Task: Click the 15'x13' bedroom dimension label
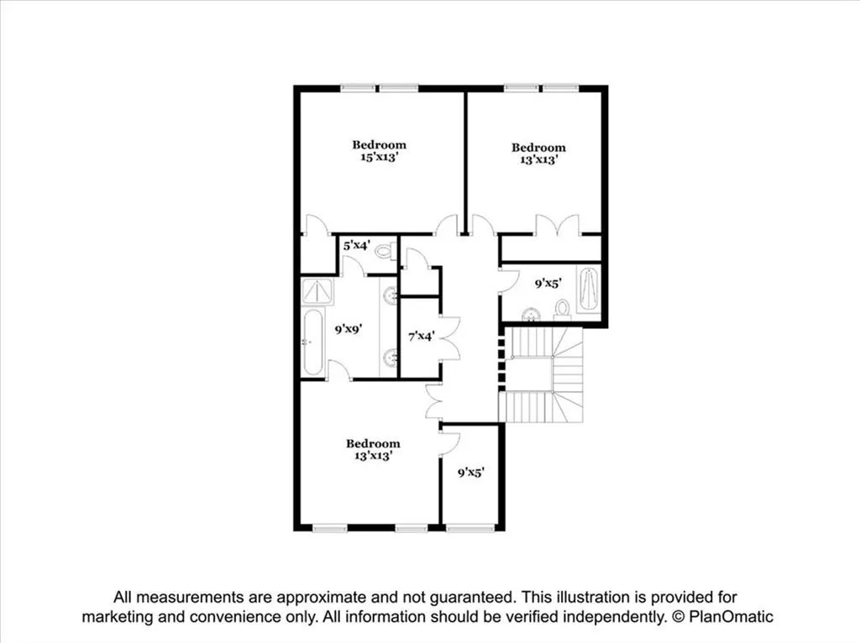[379, 156]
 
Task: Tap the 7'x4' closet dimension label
[420, 337]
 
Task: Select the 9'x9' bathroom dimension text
[347, 330]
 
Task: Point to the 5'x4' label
[354, 246]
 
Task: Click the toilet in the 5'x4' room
[385, 250]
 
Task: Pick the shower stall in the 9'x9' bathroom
[317, 291]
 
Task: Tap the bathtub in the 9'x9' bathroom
[312, 342]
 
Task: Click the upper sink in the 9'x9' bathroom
[390, 295]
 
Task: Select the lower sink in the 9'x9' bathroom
[390, 358]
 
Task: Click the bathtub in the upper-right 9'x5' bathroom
[589, 290]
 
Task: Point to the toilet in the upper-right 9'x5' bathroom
[562, 311]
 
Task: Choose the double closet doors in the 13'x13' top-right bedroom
[557, 225]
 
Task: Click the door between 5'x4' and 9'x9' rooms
[353, 266]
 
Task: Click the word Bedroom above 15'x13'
[379, 144]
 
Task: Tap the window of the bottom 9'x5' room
[470, 528]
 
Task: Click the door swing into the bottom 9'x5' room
[449, 443]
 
